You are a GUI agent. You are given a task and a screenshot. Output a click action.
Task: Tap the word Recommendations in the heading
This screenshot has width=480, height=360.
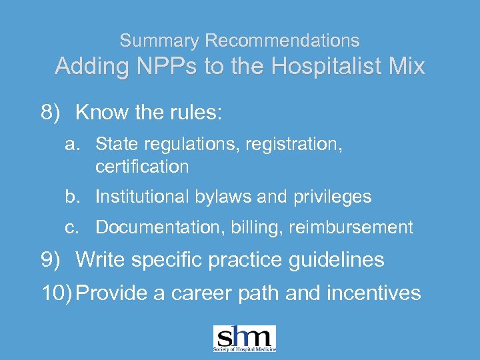[282, 41]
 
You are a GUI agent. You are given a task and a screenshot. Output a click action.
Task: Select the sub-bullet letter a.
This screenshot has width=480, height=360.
[71, 143]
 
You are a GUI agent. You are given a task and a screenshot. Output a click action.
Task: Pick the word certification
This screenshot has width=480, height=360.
[142, 166]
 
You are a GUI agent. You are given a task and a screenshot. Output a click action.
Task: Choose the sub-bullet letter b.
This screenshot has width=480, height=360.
[71, 197]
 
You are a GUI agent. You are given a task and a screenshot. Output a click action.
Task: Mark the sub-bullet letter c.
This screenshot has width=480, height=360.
[71, 227]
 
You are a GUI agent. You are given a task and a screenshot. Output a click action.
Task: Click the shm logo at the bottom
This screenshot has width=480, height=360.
[244, 339]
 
